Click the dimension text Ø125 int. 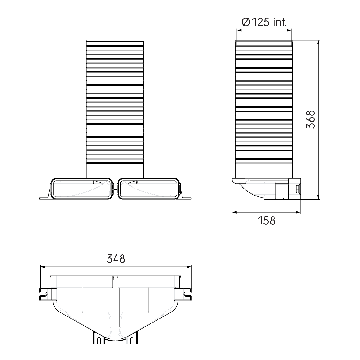264,22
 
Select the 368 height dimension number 310,119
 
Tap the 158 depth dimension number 266,221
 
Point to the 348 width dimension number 116,259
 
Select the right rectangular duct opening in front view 149,189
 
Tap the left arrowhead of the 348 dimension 42,267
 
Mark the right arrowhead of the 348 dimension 189,267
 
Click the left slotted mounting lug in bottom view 44,294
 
